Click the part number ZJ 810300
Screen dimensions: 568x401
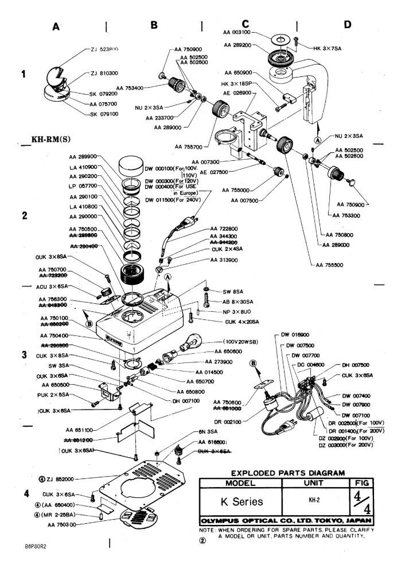[104, 74]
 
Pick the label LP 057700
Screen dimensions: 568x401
[82, 186]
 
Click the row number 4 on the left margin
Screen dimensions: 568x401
[25, 494]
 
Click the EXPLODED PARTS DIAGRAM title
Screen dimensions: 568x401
[273, 473]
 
